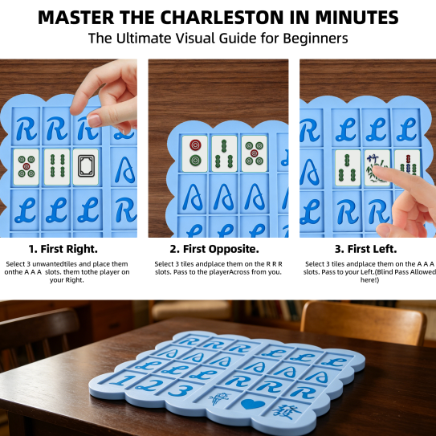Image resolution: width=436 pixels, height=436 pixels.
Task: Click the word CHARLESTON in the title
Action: coord(222,18)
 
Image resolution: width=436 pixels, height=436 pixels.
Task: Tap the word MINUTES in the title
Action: coord(357,18)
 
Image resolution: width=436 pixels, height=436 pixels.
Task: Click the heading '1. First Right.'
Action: coord(63,249)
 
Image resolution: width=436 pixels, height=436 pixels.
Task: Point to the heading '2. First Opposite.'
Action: coord(214,249)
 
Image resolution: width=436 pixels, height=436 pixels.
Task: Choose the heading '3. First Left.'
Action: coord(365,249)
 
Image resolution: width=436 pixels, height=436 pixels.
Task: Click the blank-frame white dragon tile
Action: coord(86,167)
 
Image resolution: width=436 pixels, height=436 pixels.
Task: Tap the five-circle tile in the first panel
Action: coord(26,167)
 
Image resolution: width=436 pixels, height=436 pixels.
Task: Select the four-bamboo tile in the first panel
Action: coord(57,167)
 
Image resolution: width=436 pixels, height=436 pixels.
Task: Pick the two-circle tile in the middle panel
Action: coord(195,153)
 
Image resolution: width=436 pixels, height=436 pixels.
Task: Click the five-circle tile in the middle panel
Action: coord(255,153)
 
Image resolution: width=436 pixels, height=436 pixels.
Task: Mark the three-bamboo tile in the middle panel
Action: coord(224,153)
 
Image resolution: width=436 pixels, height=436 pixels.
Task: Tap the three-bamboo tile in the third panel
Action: coord(348,168)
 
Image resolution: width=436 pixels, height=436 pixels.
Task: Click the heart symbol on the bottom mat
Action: coord(253,403)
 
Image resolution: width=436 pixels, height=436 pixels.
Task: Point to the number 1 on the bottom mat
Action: coord(123,380)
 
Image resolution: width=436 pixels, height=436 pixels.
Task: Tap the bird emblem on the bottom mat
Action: coord(219,399)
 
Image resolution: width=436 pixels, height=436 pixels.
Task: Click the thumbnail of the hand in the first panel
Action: coord(94,120)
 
